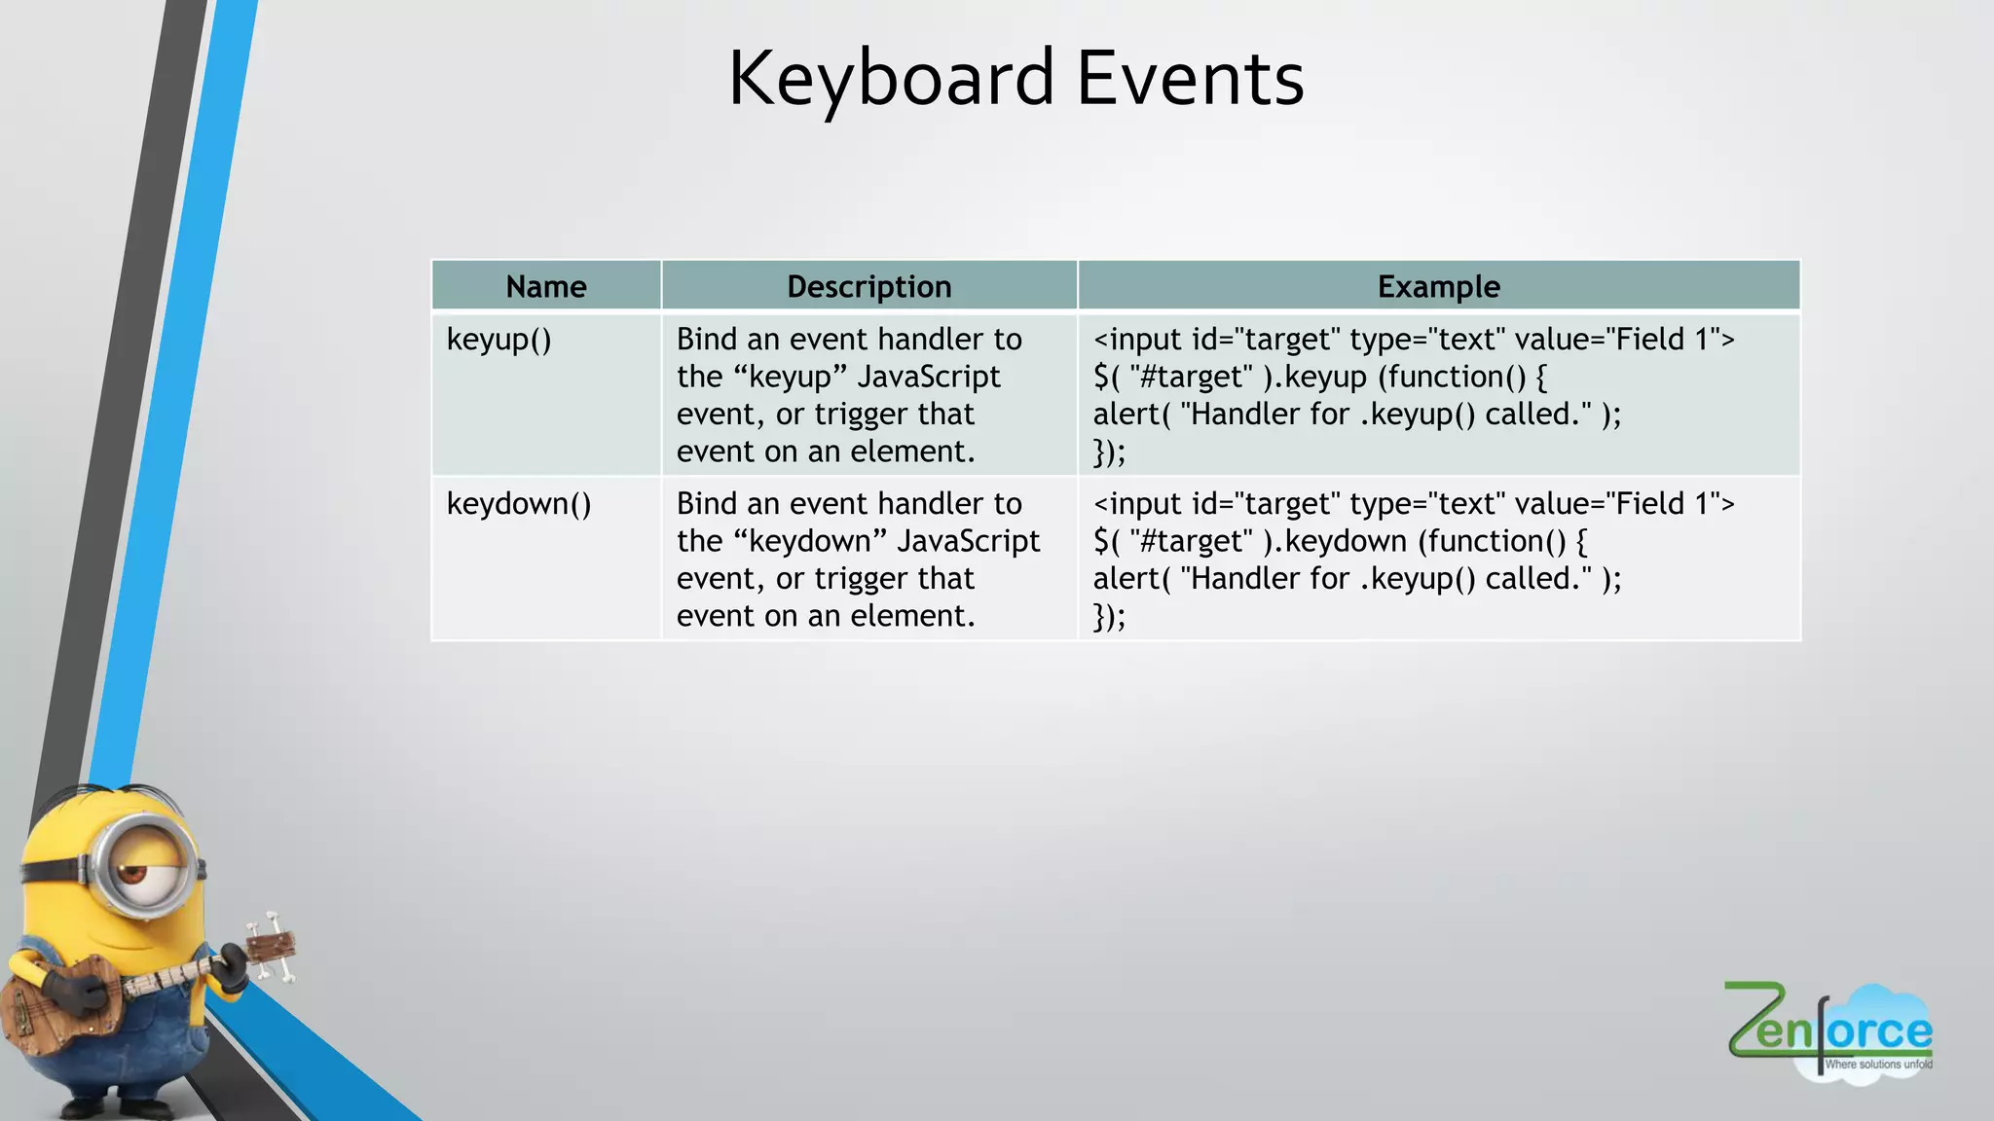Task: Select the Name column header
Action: point(546,287)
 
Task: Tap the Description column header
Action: point(868,287)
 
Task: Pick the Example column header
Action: point(1438,287)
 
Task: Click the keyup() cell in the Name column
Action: point(498,340)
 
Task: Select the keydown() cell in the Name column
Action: point(518,504)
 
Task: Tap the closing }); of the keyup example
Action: point(1109,452)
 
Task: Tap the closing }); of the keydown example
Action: point(1109,617)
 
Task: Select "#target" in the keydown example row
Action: point(1191,542)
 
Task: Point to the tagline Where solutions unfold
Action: point(1877,1065)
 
